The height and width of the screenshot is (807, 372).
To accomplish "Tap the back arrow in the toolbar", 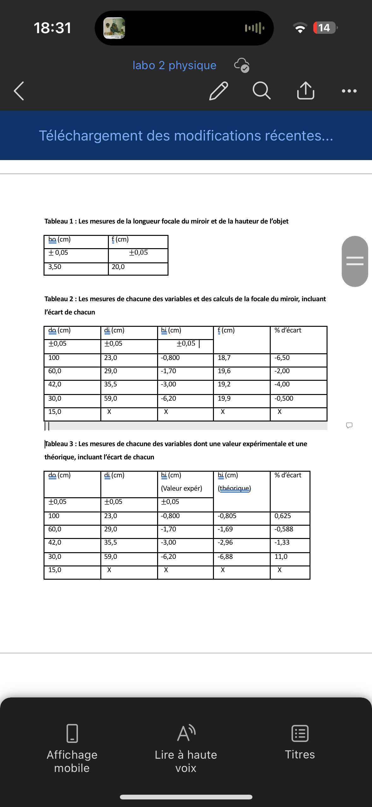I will (x=19, y=91).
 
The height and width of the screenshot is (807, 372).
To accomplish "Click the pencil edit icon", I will (x=218, y=91).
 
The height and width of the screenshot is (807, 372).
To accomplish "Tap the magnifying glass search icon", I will (x=262, y=91).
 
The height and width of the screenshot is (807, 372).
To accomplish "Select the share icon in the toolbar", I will (x=305, y=91).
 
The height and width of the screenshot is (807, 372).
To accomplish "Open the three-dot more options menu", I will (x=349, y=91).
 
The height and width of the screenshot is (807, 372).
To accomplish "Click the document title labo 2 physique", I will (x=174, y=65).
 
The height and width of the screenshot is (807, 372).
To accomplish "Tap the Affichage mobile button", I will (x=72, y=748).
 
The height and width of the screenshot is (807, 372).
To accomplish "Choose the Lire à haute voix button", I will (x=186, y=748).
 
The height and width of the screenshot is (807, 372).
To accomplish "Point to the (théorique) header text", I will (x=234, y=488).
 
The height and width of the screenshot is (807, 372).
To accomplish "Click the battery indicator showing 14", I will (x=325, y=28).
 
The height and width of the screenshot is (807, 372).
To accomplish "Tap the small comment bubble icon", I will (x=349, y=425).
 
